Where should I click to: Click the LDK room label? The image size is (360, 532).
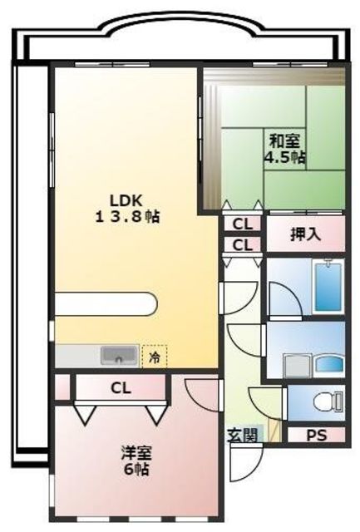click(126, 200)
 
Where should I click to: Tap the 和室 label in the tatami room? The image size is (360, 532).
click(284, 141)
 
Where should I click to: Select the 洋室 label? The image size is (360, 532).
click(136, 453)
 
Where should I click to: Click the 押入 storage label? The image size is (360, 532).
click(305, 234)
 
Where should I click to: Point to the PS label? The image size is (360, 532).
click(317, 435)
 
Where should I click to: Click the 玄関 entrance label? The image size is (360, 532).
click(243, 435)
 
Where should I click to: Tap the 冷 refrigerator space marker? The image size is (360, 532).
click(155, 357)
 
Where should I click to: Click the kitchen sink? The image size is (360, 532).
click(119, 356)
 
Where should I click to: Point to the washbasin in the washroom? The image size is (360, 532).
click(329, 365)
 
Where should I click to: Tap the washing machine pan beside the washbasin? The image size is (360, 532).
click(298, 366)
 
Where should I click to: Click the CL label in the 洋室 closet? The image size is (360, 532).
click(121, 388)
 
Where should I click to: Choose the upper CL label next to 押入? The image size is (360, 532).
click(243, 224)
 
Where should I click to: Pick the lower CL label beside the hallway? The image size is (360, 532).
click(243, 244)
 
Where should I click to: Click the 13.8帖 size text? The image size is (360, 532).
click(127, 217)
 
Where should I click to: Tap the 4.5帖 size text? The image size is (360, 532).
click(284, 157)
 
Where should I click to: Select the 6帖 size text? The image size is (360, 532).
click(136, 469)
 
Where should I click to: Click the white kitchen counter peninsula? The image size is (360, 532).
click(106, 303)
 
